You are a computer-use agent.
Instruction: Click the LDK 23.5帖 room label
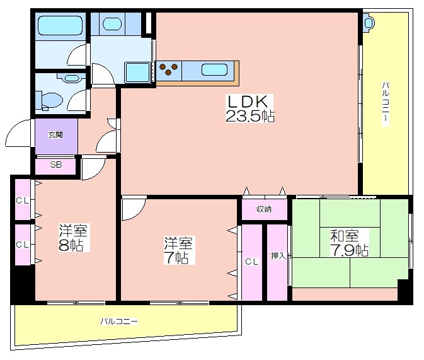[249, 108]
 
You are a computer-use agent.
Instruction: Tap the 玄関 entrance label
[55, 134]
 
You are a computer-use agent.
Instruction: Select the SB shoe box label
[56, 165]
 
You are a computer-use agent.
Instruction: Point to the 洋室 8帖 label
[73, 238]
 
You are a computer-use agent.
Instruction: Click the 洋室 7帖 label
[178, 250]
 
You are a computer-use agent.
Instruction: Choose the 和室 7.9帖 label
[349, 243]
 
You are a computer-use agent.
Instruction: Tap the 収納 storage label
[264, 209]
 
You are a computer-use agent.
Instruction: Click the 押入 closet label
[278, 256]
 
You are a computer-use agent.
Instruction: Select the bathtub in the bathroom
[60, 25]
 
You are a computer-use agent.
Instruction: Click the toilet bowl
[51, 101]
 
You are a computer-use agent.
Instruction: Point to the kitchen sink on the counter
[214, 69]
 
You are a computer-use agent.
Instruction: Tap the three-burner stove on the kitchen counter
[168, 69]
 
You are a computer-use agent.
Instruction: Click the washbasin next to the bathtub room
[112, 23]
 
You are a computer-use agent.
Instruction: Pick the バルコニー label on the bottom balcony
[119, 322]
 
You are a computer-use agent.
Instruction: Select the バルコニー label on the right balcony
[386, 103]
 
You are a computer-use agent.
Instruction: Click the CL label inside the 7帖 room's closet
[252, 262]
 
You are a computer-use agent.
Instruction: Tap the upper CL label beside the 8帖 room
[22, 200]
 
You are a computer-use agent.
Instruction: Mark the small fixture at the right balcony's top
[369, 23]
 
